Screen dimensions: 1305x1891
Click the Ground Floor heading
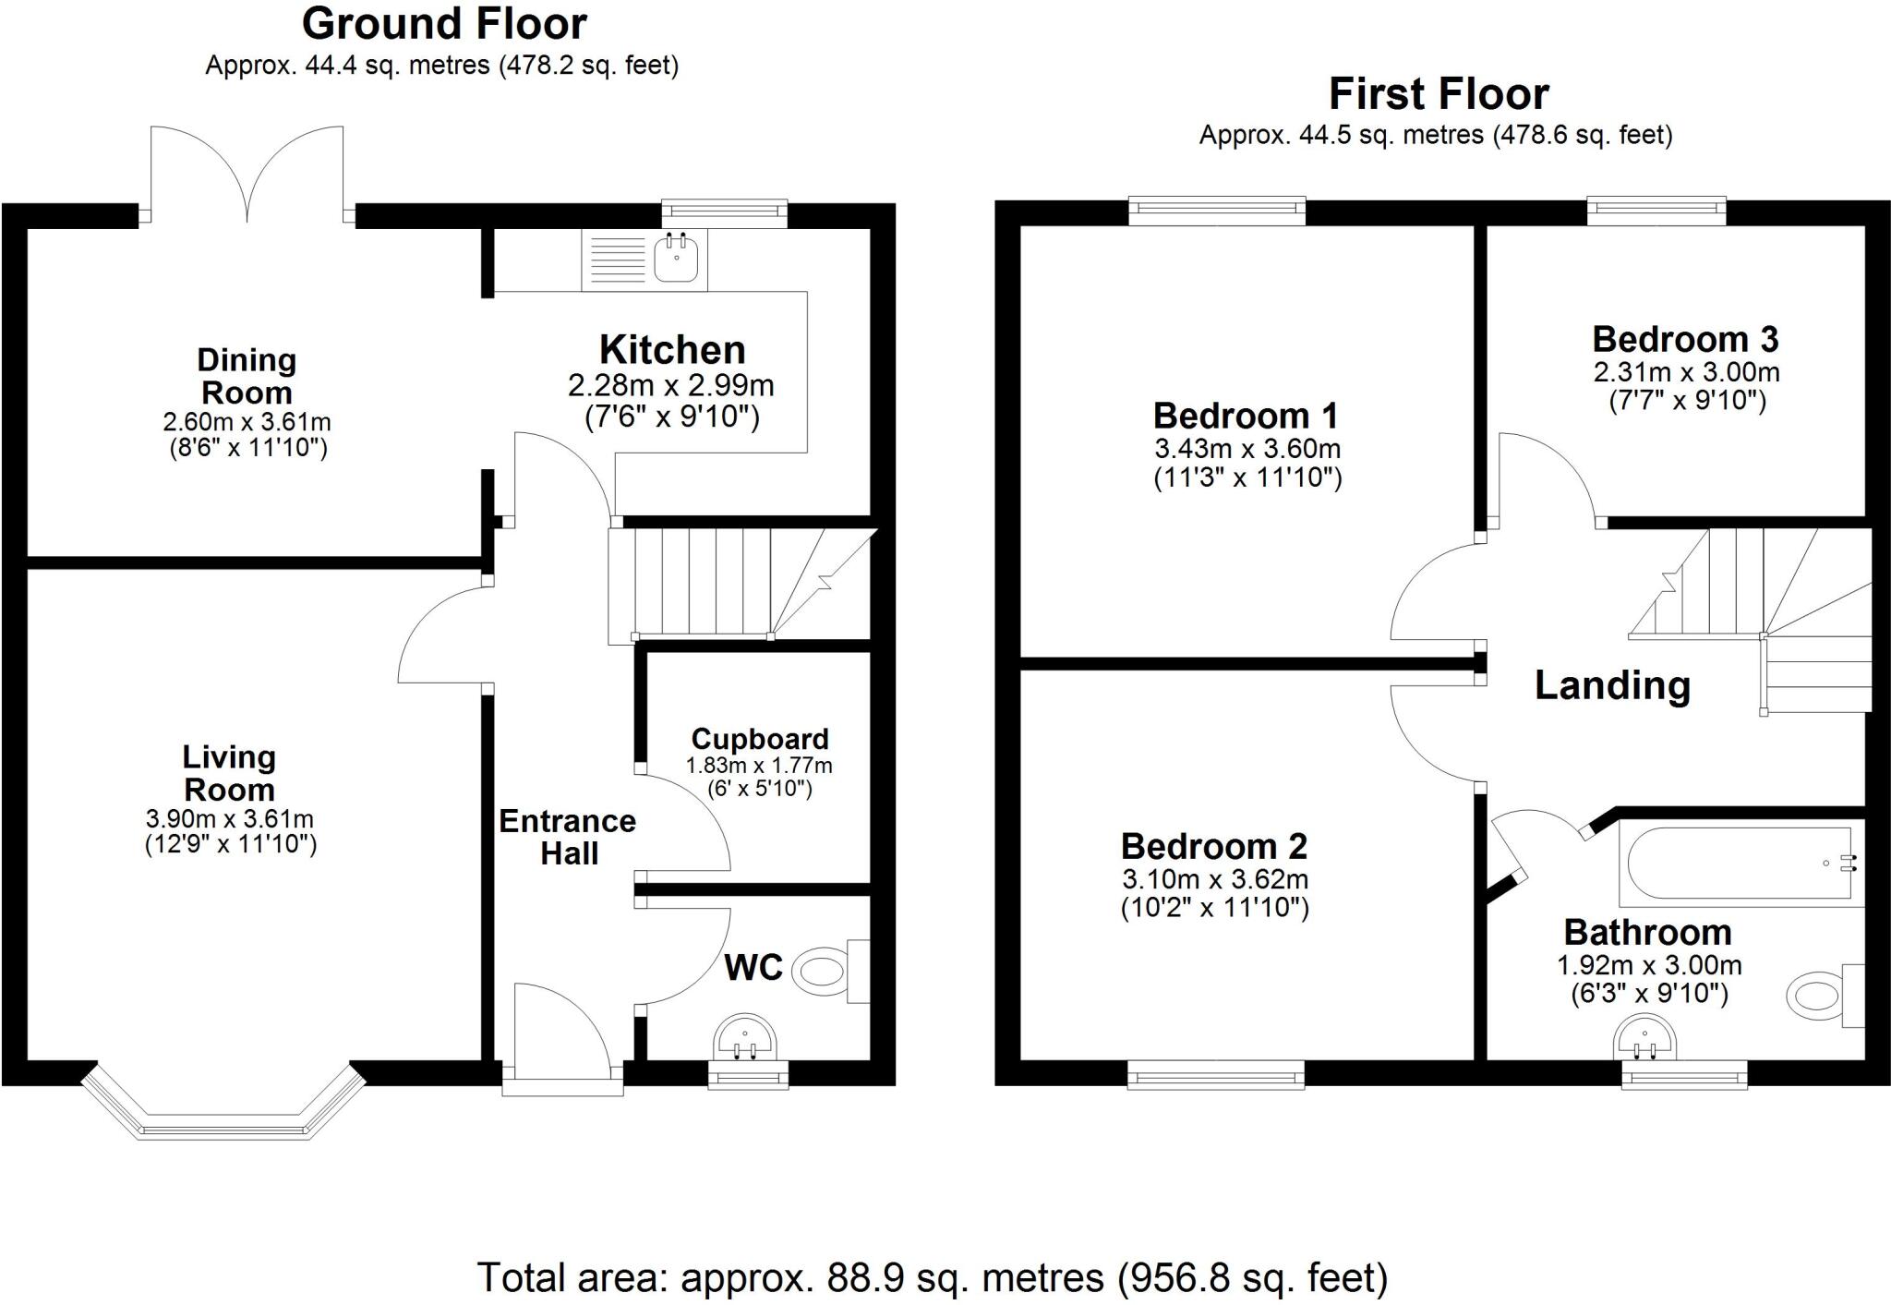point(444,24)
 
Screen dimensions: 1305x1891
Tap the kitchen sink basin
point(676,258)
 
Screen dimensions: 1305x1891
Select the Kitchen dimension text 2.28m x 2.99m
point(671,385)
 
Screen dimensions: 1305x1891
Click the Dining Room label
point(247,376)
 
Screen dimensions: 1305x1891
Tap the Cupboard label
point(760,739)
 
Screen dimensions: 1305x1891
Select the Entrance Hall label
point(568,837)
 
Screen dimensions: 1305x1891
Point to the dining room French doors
point(247,175)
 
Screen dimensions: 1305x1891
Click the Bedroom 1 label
point(1246,417)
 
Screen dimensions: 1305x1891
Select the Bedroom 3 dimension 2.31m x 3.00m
point(1686,372)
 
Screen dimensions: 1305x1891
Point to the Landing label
point(1612,685)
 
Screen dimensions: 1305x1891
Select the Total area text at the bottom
point(932,1278)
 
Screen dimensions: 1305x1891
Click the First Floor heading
point(1438,94)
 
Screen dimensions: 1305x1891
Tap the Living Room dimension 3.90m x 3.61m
point(230,819)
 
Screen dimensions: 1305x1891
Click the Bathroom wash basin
point(1644,1039)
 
